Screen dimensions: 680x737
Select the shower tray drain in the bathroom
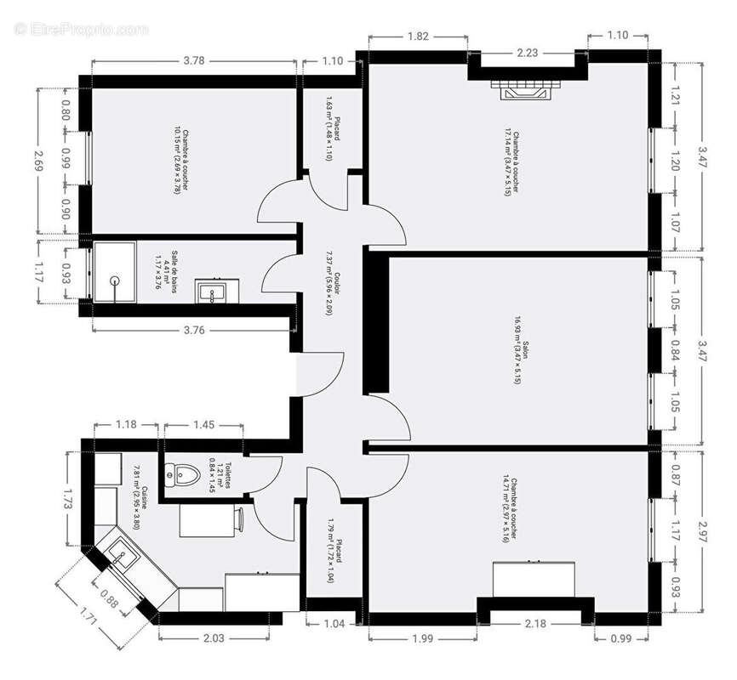[x=114, y=278]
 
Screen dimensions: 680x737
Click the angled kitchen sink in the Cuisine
[x=121, y=558]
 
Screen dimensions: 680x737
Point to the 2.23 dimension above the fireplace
[x=527, y=52]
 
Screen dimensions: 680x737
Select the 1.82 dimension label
[x=418, y=36]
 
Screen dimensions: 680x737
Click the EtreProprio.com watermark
[x=81, y=29]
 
